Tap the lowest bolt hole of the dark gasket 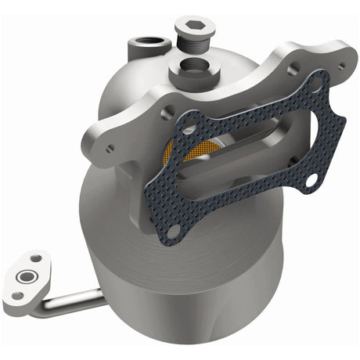coord(175,230)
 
